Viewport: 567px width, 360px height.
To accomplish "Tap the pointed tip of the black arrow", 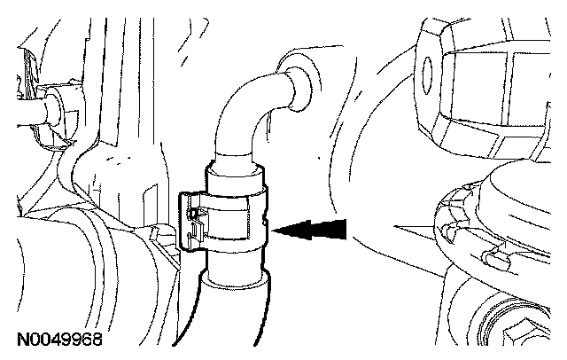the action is tap(277, 231).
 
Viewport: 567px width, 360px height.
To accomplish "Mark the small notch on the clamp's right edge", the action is tap(268, 217).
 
